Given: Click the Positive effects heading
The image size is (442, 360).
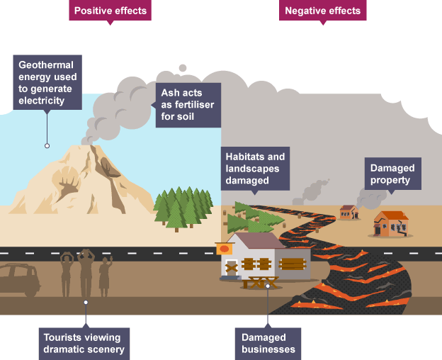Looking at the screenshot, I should point(110,11).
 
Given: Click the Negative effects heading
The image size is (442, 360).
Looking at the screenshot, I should point(322,11).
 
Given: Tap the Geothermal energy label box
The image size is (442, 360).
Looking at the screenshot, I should point(47,81).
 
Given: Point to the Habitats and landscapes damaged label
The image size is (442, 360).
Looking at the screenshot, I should point(254,168).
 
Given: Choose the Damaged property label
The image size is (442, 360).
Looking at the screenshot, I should point(390,174).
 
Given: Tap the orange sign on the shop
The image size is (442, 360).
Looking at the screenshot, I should point(225,249).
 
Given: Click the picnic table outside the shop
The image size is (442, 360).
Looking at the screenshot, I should point(260,282).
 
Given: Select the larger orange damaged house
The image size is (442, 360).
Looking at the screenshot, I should point(390,224).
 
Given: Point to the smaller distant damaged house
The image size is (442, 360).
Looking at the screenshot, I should point(348,211).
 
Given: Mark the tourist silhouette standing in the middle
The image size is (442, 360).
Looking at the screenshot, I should point(86,272).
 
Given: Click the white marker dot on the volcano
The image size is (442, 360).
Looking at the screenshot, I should point(47,145).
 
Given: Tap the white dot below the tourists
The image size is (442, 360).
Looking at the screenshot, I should point(86,302).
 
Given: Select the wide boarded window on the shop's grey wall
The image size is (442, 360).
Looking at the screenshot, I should point(293,264).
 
